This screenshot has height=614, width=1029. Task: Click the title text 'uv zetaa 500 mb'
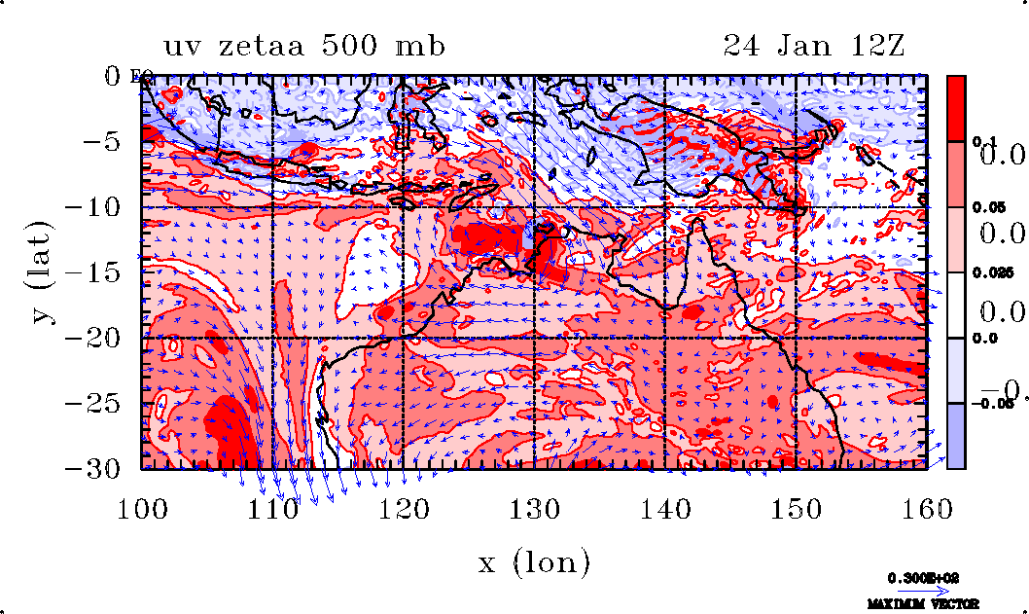click(x=304, y=46)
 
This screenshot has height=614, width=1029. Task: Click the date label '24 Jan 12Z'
click(x=814, y=46)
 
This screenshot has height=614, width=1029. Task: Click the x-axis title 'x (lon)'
click(x=534, y=561)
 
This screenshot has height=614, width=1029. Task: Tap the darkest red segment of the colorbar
click(x=956, y=108)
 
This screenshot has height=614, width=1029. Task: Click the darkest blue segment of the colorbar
click(x=956, y=435)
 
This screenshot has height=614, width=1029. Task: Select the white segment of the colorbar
click(x=956, y=305)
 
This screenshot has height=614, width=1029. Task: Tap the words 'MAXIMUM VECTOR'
click(x=925, y=604)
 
